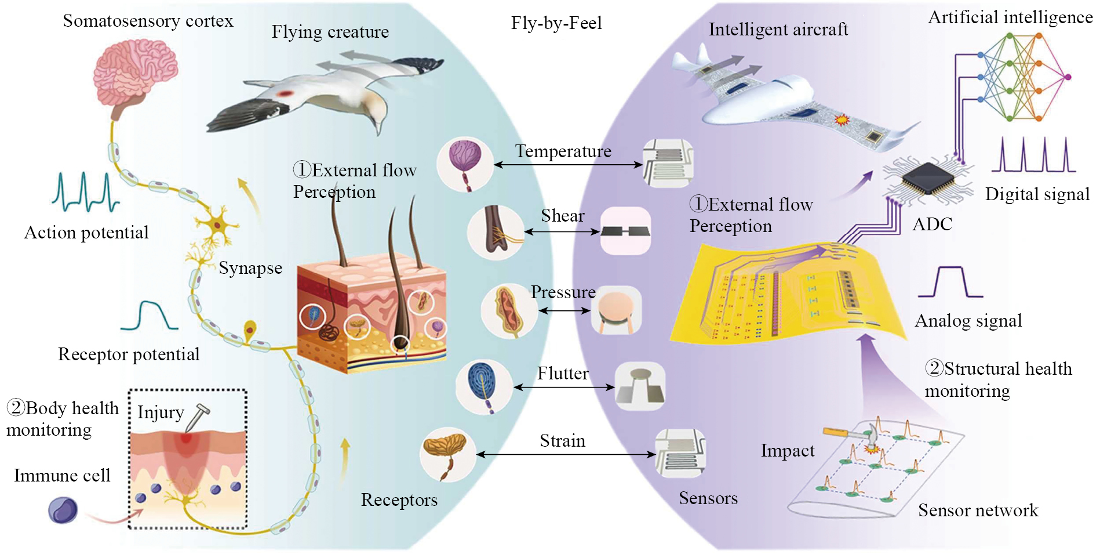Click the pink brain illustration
[135, 72]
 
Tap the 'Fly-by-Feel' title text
[556, 23]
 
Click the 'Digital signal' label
[1037, 194]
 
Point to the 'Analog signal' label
[968, 321]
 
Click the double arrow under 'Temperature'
[568, 165]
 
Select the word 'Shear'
[562, 216]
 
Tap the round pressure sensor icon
[616, 309]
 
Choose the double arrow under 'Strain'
[566, 454]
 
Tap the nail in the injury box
[197, 418]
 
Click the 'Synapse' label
[250, 268]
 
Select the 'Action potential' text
[86, 233]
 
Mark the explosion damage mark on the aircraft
[841, 120]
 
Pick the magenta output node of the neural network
[1068, 77]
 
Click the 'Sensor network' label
[978, 510]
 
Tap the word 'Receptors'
[399, 500]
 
